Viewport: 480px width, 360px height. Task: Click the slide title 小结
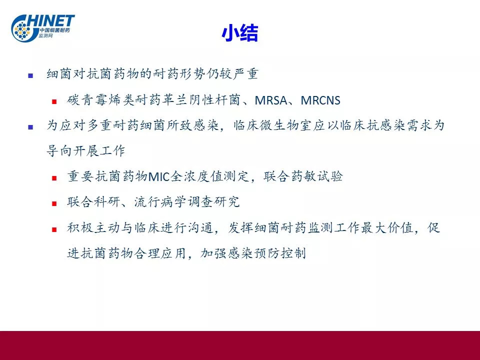[x=240, y=33]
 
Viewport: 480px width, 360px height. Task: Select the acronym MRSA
[x=270, y=100]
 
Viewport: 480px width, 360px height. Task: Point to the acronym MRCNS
[x=320, y=100]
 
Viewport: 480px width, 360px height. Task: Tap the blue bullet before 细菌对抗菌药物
[x=30, y=75]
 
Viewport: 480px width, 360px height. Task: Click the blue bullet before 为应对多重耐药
[x=30, y=126]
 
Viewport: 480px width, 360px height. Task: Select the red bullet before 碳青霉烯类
[x=54, y=101]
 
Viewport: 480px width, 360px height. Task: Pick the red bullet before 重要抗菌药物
[x=54, y=178]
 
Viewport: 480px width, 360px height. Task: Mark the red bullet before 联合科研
[x=54, y=203]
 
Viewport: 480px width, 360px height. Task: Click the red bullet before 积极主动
[x=54, y=229]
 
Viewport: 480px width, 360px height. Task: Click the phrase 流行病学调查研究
[x=186, y=201]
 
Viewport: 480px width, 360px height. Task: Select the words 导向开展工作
[x=85, y=150]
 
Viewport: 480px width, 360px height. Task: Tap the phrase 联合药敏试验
[x=303, y=176]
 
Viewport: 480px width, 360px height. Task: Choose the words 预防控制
[x=280, y=253]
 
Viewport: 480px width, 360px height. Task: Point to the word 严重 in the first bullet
[x=245, y=74]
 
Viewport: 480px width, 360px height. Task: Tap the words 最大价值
[x=387, y=228]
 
